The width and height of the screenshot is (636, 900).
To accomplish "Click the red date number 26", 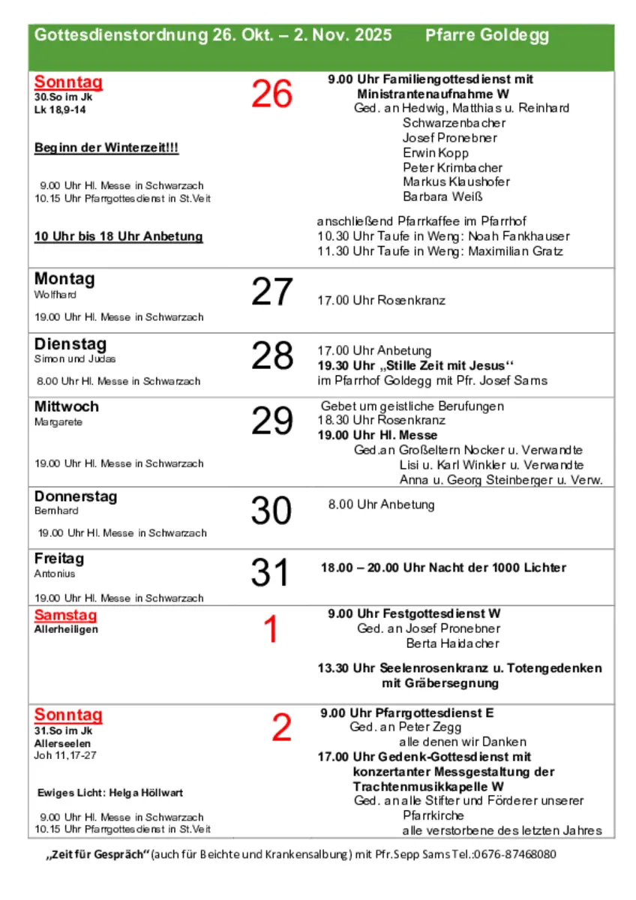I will click(x=271, y=94).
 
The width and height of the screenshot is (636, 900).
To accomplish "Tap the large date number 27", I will click(x=271, y=292).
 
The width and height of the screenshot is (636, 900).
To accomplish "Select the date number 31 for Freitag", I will click(x=270, y=573).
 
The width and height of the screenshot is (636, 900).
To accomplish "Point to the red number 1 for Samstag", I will click(x=271, y=630).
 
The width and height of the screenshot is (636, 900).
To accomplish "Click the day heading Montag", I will click(x=64, y=279).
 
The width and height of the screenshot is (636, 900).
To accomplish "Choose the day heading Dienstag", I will click(x=70, y=344).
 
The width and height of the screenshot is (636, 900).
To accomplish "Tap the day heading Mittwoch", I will click(x=67, y=406).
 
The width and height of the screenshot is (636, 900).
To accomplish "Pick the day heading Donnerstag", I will click(x=76, y=496).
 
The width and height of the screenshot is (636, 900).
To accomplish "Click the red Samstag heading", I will click(x=66, y=616).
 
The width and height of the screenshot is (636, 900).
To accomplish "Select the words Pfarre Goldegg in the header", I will click(x=487, y=35).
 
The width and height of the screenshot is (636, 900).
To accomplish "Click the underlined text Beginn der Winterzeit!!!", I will click(x=106, y=148).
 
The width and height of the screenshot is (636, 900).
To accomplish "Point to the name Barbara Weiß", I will click(x=442, y=197).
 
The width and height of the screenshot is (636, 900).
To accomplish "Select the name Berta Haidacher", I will click(x=452, y=643).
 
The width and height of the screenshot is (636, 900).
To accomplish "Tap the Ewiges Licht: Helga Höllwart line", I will click(x=110, y=793).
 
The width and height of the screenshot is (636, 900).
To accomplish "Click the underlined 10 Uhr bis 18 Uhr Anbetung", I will click(x=118, y=236).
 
